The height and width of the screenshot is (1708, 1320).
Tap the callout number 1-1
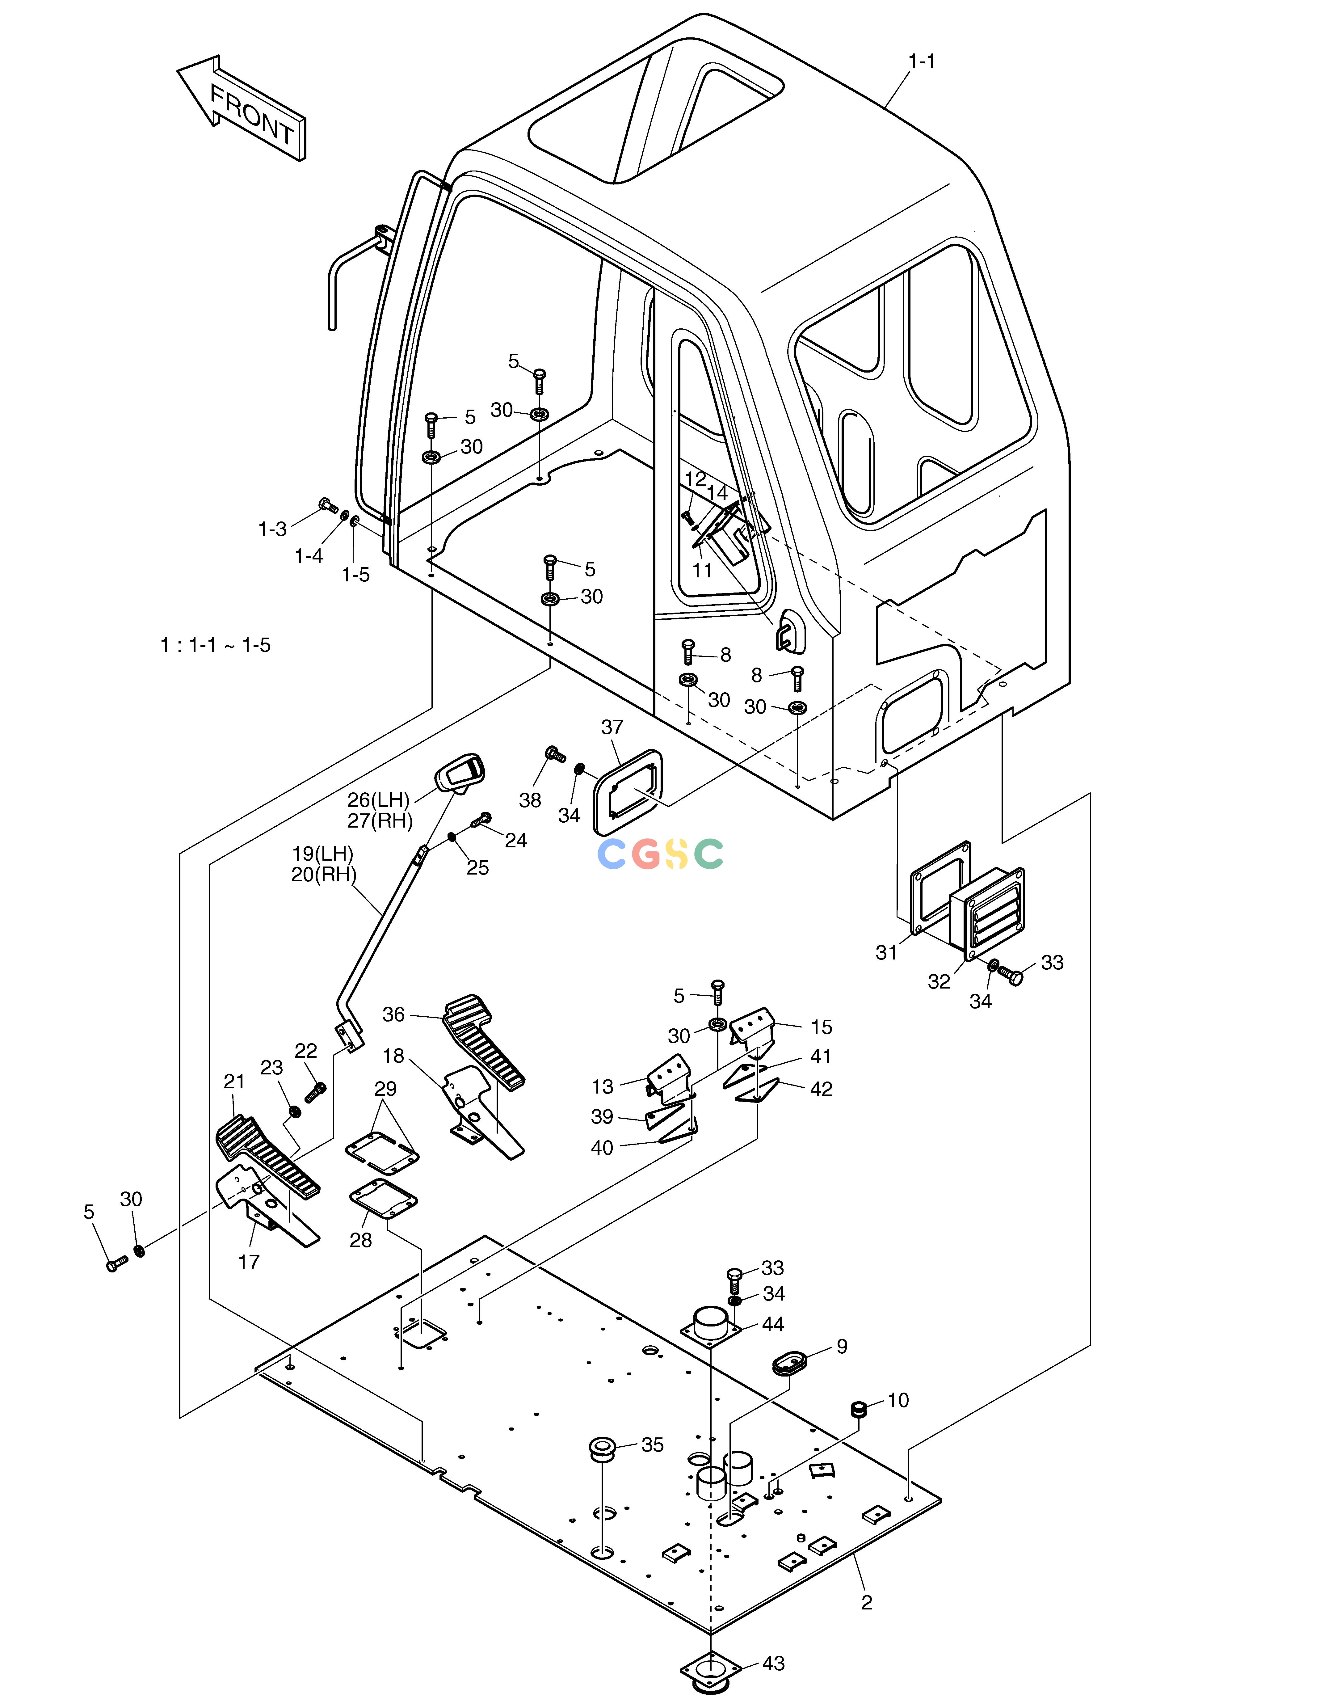pos(922,61)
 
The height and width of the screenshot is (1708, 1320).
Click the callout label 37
pos(612,727)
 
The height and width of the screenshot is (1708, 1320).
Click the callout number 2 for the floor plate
pos(866,1602)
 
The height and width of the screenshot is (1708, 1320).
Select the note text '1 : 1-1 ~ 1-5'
pos(216,645)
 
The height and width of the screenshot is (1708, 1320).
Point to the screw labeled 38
pos(554,755)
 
